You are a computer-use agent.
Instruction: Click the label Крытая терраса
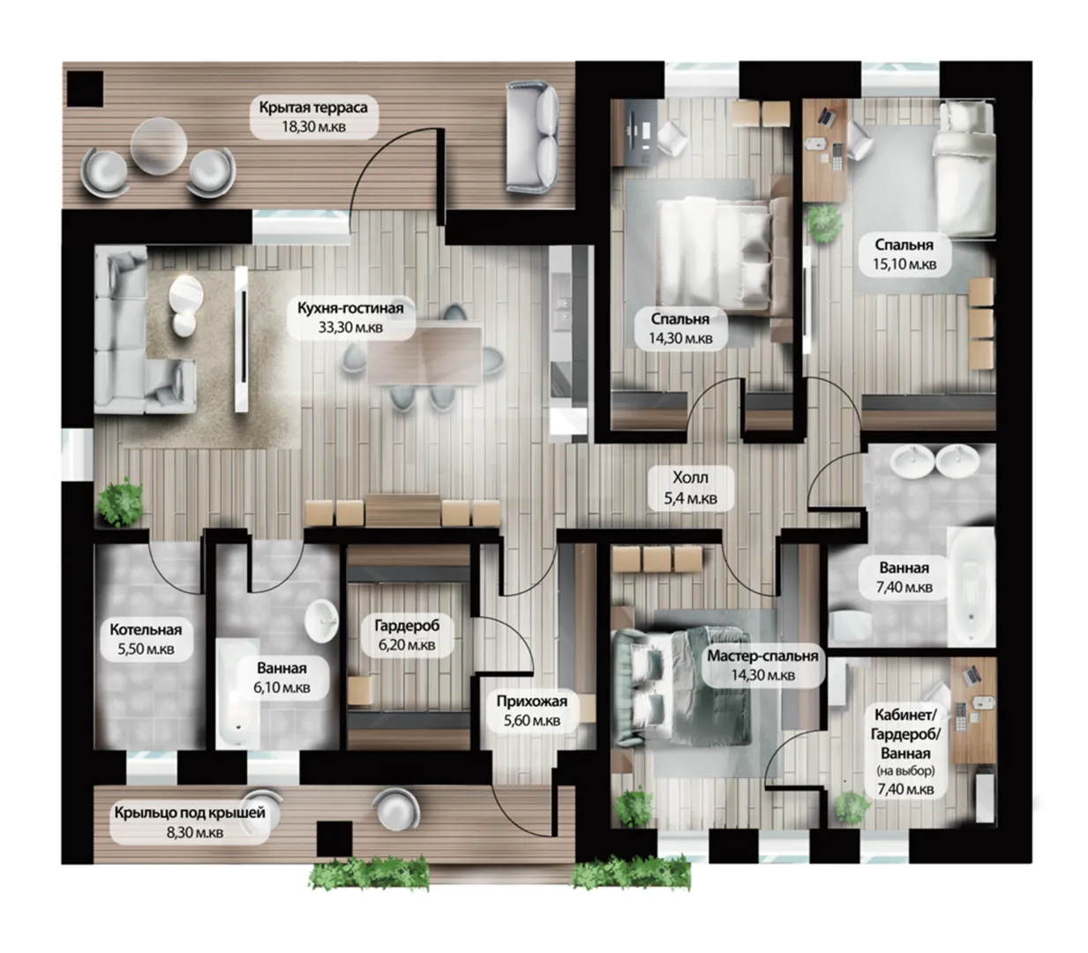tap(313, 108)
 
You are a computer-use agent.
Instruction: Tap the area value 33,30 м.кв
tap(350, 327)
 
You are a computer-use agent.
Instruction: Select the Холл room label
tap(690, 477)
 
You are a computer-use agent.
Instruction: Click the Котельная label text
tap(146, 630)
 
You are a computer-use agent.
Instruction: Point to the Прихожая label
tap(532, 702)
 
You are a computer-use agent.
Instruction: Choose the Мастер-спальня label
tap(762, 657)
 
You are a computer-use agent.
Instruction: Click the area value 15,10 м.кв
tap(904, 265)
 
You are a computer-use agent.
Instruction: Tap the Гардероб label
tap(407, 626)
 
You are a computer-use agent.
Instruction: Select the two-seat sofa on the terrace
tap(532, 137)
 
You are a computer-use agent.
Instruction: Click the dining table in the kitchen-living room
tap(424, 355)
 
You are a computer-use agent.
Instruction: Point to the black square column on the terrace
tap(85, 89)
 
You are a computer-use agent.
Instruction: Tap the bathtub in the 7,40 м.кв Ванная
tap(971, 587)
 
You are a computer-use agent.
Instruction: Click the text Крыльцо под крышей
tap(190, 813)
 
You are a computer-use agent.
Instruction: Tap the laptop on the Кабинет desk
tap(971, 674)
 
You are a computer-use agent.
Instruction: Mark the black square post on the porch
tap(334, 838)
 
